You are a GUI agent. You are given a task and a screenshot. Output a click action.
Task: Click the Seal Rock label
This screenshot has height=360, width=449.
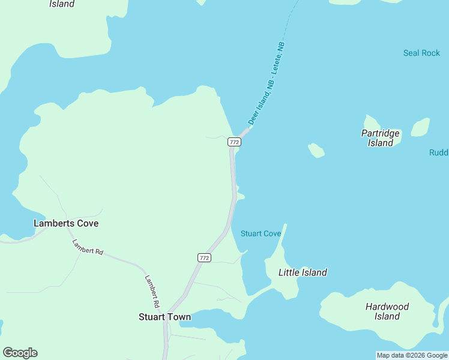(421, 53)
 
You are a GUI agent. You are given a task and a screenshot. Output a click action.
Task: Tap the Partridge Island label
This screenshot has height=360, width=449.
(381, 138)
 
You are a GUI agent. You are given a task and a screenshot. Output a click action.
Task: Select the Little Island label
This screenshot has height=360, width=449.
(303, 272)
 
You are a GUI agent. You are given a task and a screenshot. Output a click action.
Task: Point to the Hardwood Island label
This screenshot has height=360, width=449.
(387, 311)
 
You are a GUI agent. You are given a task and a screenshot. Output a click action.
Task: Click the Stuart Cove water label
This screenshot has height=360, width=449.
(261, 233)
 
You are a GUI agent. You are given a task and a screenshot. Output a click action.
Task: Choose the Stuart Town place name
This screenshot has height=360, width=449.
(164, 317)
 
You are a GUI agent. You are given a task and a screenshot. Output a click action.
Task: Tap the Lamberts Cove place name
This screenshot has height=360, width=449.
(66, 223)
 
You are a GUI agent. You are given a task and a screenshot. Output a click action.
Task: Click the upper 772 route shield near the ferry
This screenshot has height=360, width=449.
(234, 142)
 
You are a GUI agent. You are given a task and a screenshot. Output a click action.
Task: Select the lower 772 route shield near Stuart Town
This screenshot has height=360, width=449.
(204, 257)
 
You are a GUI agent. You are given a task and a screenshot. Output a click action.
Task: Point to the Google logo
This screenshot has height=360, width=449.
(20, 353)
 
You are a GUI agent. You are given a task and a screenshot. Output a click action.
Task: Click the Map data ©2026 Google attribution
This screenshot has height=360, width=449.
(412, 355)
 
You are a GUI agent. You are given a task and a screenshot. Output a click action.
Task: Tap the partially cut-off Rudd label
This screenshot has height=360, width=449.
(439, 152)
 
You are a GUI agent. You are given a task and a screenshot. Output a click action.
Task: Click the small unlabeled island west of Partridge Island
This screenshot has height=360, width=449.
(316, 150)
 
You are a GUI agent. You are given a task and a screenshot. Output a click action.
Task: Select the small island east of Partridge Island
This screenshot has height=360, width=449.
(420, 127)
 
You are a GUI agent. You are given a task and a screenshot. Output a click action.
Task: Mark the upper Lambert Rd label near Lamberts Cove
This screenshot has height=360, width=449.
(88, 247)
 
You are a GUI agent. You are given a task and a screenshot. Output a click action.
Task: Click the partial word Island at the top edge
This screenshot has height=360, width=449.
(61, 4)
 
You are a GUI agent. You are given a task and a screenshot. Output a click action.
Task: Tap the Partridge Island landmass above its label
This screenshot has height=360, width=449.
(372, 122)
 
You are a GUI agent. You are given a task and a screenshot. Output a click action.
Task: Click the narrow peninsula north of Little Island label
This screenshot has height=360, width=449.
(280, 243)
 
